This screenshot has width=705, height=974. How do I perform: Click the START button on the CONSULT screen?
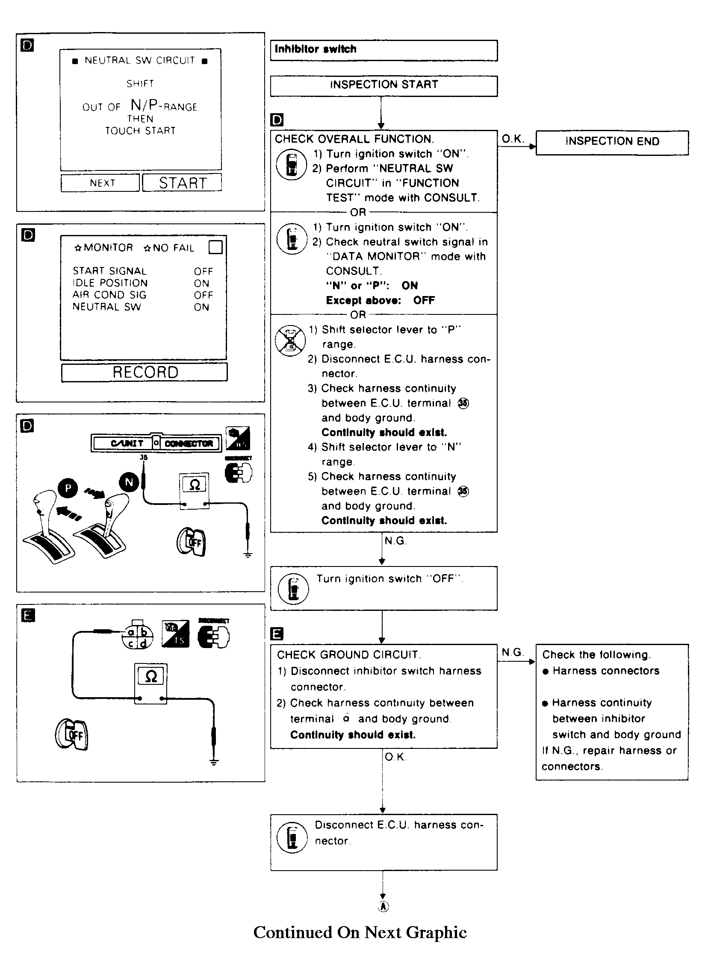coord(182,183)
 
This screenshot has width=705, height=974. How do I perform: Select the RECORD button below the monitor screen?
coord(145,373)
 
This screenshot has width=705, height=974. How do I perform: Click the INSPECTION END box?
coord(612,142)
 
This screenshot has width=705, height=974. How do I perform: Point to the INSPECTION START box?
coord(383,85)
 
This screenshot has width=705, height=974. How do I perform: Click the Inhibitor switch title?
coord(316,50)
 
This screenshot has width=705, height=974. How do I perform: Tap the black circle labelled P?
coord(68,488)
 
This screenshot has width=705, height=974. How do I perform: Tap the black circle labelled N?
coord(129,482)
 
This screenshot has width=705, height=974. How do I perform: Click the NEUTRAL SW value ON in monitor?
coord(201,308)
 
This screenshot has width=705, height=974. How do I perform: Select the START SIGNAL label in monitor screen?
coord(109,271)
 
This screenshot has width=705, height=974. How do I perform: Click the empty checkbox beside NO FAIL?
coord(215,247)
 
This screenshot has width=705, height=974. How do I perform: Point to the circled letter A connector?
coord(383,906)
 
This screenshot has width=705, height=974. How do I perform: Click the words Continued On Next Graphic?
coord(360,933)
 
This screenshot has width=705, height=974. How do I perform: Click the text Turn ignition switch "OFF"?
coord(389,579)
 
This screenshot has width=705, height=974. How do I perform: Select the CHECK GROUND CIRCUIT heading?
coord(348,655)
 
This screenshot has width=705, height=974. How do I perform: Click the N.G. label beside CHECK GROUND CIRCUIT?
coord(512,653)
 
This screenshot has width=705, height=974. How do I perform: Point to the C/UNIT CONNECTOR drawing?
coord(156,443)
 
